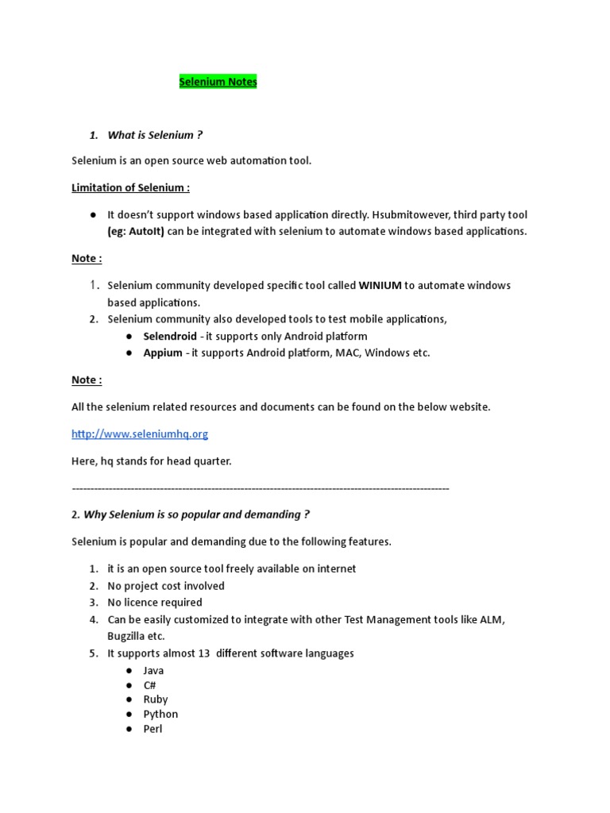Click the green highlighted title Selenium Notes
pos(218,82)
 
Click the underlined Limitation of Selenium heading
pos(130,188)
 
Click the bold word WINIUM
pos(380,285)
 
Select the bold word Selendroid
pos(170,337)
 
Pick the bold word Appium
pos(163,353)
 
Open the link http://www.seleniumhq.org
pos(140,434)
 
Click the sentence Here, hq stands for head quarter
pos(151,461)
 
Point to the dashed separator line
pos(261,488)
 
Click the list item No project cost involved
pos(166,586)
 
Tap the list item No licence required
pos(155,603)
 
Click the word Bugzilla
pos(129,636)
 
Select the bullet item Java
pos(153,671)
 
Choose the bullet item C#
pos(149,685)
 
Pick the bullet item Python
pos(160,714)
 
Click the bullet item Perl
pos(152,729)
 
